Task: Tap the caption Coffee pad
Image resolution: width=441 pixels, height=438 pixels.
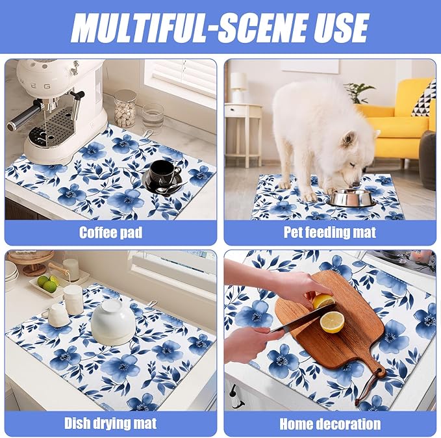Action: pos(110,232)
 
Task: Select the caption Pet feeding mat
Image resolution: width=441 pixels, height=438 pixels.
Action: pos(330,232)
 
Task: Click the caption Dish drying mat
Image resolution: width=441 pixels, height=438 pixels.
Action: pos(110,424)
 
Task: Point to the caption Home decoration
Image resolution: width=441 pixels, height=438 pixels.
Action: pos(330,424)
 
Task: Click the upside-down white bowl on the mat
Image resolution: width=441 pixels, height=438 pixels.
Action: pos(112,322)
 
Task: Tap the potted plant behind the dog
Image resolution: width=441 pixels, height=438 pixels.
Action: pos(359,92)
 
